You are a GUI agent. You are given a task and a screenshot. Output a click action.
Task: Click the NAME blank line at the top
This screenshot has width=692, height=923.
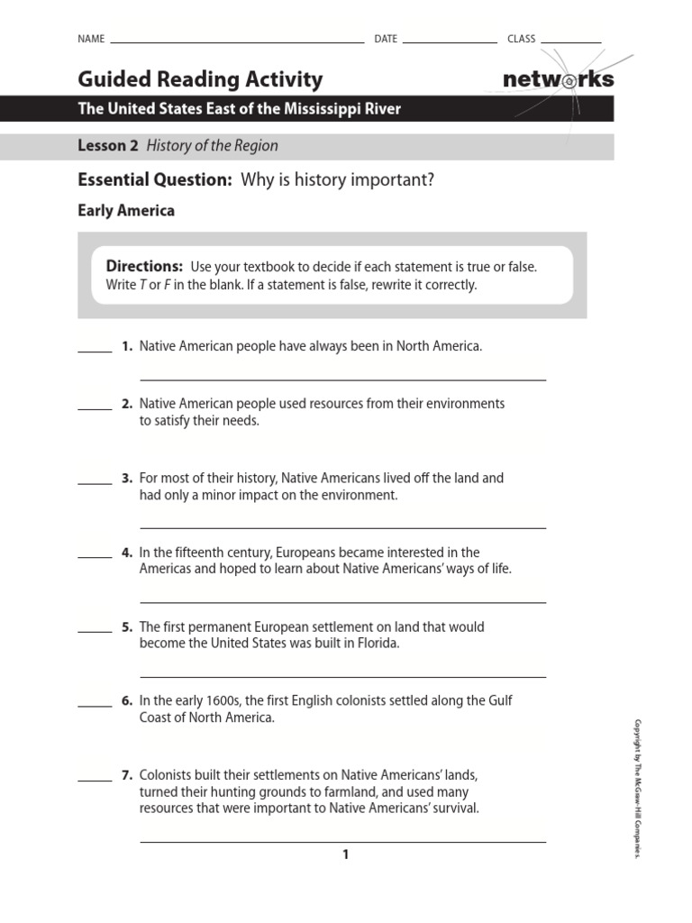[236, 42]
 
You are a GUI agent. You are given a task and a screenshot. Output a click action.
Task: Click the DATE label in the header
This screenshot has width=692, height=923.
[386, 39]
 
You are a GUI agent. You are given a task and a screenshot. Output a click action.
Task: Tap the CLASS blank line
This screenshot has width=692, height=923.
[570, 42]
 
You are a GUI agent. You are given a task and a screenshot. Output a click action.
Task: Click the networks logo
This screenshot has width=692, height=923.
[558, 79]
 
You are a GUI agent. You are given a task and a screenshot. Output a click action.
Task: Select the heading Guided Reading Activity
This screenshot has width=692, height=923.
[200, 79]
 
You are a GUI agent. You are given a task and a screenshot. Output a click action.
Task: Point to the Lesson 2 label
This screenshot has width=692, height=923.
[108, 145]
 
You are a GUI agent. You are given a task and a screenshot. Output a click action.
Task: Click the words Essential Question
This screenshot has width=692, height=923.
[155, 180]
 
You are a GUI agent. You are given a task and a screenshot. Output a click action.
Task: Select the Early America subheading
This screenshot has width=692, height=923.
[126, 211]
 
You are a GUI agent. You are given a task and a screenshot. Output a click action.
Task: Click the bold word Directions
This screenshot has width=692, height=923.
[144, 266]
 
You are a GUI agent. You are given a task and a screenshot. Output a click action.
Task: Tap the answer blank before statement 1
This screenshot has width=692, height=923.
[95, 351]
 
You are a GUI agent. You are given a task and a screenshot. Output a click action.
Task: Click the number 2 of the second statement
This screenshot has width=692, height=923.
[127, 404]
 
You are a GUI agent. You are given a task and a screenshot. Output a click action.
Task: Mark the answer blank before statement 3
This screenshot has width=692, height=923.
[95, 483]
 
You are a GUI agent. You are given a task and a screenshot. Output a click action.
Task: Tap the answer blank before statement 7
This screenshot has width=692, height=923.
[95, 780]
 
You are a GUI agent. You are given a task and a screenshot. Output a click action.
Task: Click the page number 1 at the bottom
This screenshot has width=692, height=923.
[345, 854]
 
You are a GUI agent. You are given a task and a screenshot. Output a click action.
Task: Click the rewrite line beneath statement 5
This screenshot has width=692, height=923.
[342, 676]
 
